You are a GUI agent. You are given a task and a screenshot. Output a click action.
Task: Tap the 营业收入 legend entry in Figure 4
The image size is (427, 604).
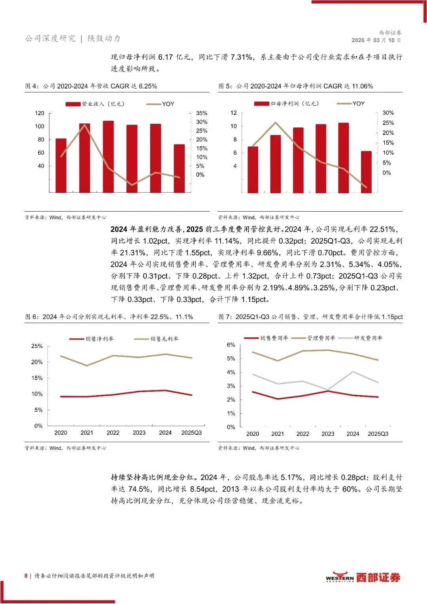(95, 104)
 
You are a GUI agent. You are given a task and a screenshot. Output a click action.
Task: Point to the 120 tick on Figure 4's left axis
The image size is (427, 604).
(40, 113)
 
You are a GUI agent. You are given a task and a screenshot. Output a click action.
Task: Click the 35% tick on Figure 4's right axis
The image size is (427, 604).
(202, 113)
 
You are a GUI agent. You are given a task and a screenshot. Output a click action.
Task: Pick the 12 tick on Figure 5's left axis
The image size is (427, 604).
(234, 113)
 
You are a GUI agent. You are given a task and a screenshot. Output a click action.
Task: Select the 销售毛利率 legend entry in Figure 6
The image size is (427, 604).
(157, 339)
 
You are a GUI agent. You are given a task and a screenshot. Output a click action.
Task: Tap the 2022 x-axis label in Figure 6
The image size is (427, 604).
(113, 433)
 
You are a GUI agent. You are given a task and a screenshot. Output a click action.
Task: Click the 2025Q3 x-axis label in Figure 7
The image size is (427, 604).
(378, 434)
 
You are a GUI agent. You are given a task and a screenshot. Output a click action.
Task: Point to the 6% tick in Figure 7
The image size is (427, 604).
(231, 345)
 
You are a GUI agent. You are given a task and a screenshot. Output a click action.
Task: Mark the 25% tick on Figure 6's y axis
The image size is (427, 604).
(37, 346)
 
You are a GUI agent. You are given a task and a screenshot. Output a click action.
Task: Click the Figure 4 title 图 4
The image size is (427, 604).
(32, 86)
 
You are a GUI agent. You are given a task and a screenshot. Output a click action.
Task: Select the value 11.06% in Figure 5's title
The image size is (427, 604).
(362, 86)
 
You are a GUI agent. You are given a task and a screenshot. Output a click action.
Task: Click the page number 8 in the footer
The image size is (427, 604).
(26, 576)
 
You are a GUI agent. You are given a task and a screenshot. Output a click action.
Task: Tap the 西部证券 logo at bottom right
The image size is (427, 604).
(363, 577)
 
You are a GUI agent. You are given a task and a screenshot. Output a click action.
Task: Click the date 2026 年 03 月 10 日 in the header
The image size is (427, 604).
(376, 40)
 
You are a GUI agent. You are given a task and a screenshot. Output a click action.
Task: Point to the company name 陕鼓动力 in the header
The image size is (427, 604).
(104, 38)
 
